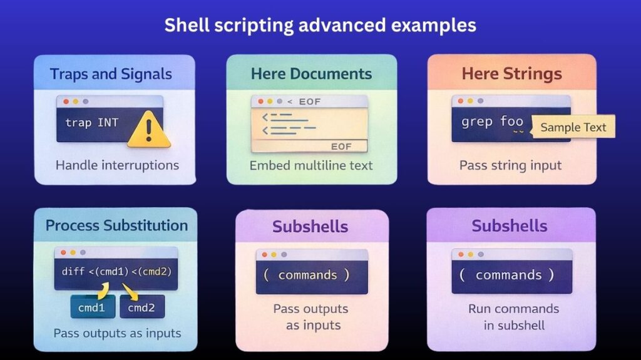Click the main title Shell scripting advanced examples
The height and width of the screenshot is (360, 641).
click(320, 26)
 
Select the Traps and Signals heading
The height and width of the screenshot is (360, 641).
click(111, 74)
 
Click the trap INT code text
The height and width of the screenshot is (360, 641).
click(91, 122)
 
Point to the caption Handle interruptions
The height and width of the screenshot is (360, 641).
click(117, 165)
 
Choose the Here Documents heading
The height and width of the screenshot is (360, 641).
click(311, 74)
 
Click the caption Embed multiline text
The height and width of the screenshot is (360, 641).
click(311, 165)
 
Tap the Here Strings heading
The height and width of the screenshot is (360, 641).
click(511, 74)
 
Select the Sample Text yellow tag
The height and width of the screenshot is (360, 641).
click(573, 127)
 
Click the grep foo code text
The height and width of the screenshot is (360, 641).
click(492, 121)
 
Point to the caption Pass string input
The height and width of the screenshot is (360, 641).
click(510, 165)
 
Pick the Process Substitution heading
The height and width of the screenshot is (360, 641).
click(116, 225)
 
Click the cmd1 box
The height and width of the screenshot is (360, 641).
click(96, 307)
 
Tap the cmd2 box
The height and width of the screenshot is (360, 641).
click(141, 307)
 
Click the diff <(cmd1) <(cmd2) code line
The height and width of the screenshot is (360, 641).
click(116, 272)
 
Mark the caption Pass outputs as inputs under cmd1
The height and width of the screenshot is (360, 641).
click(116, 332)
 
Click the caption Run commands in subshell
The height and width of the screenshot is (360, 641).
click(513, 317)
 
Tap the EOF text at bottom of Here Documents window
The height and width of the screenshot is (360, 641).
click(341, 147)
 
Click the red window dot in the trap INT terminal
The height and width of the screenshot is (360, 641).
click(65, 101)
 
